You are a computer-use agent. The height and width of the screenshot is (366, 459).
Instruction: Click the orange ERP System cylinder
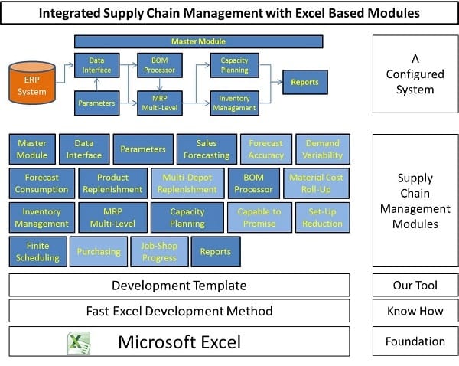click(32, 83)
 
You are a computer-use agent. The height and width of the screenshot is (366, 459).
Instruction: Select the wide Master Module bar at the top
click(198, 41)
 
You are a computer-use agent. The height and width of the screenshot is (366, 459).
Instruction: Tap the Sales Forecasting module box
click(207, 149)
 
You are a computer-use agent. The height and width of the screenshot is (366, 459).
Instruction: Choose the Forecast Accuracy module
click(265, 149)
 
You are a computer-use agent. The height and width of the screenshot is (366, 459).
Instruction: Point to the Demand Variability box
click(323, 149)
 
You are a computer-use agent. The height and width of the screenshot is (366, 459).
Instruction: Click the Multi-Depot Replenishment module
click(187, 184)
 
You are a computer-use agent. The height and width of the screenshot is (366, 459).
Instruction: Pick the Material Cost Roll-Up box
click(316, 184)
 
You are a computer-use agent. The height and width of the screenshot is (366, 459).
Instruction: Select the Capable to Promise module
click(259, 217)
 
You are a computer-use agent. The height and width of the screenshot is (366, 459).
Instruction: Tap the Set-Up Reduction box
click(322, 217)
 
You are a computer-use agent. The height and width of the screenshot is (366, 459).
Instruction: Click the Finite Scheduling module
click(37, 252)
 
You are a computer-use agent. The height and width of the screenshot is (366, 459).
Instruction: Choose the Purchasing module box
click(99, 252)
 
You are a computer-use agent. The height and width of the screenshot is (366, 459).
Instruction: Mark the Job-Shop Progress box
click(159, 252)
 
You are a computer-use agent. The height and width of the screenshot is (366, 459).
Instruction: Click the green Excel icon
click(79, 342)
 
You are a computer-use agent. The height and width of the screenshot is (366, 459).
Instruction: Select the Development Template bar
click(179, 285)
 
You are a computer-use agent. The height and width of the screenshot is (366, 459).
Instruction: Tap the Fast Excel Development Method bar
click(179, 311)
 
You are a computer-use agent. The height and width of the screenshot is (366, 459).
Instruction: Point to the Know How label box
click(415, 311)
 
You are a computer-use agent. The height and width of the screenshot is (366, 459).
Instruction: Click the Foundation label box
click(415, 341)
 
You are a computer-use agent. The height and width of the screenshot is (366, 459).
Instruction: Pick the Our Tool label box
click(415, 285)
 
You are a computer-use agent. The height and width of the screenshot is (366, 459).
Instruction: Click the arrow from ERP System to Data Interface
click(64, 74)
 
